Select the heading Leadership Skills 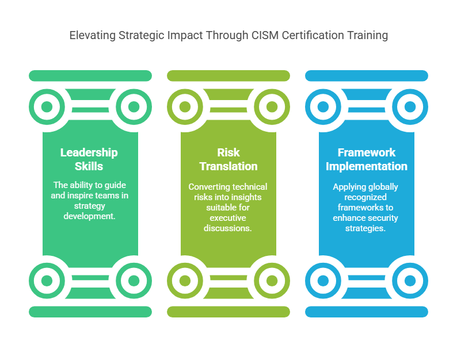coord(89,159)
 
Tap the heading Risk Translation coord(228,159)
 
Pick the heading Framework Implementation coord(367,159)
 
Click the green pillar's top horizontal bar coord(90,76)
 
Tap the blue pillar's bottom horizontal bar coord(367,312)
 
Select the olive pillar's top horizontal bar coord(228,76)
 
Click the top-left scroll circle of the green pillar coord(32,107)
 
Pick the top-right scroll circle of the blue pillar coord(425,107)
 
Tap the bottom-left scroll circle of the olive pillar coord(170,281)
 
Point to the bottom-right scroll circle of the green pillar coord(149,281)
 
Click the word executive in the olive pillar coord(228,218)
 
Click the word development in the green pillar coord(89,216)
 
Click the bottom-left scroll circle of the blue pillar coord(308,281)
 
